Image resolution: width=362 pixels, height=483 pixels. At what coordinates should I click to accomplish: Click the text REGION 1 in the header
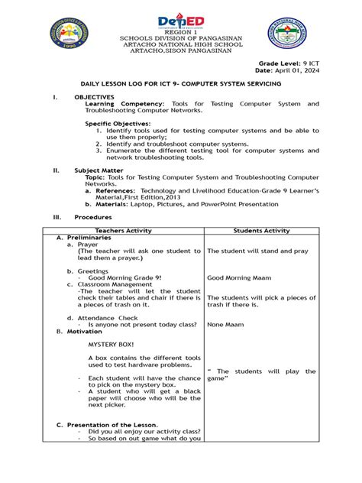[181, 34]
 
